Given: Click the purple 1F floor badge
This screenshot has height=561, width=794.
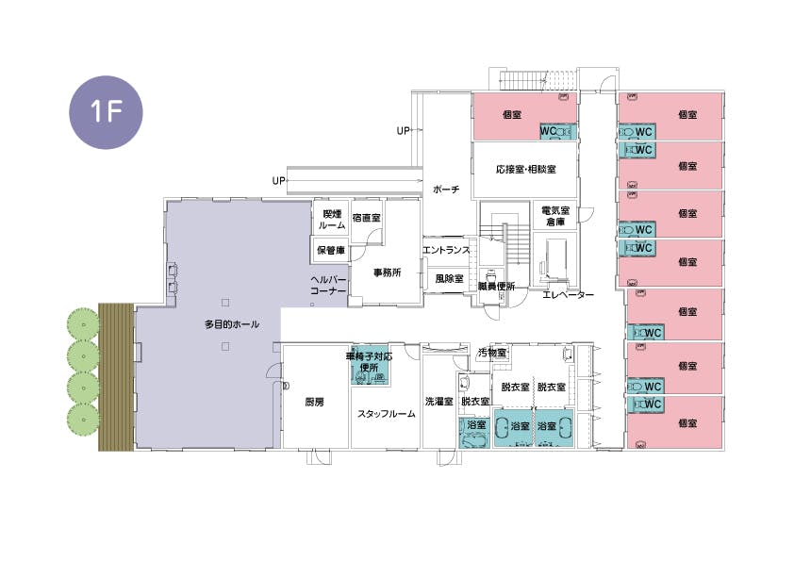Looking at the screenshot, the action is pos(106,112).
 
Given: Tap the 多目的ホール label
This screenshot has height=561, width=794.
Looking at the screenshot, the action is pos(232,324).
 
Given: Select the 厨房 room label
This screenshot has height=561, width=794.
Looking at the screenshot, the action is pos(314,402).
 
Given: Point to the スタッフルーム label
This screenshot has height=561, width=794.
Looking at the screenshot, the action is pos(387,414).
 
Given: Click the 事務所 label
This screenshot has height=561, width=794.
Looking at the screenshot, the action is pos(388,272).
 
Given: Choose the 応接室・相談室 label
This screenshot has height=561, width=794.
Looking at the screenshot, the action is pos(525,169).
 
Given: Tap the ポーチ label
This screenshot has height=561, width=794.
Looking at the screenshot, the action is pos(446,190).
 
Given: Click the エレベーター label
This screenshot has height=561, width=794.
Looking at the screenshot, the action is pos(569,295).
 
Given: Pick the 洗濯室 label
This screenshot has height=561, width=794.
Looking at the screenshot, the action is pos(439,402).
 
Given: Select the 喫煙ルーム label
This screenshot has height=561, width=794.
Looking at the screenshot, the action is pos(332,220).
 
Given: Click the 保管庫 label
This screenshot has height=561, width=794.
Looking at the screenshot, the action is pos(331,250).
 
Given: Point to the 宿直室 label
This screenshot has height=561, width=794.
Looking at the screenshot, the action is pos(366,218).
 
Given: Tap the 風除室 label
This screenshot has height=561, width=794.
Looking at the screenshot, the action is pos(449,278).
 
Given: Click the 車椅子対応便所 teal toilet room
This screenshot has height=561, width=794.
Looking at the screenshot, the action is pos(370,365).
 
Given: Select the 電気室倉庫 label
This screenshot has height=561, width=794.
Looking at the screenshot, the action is pos(555,216).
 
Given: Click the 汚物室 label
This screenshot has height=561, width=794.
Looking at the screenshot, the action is pos(492,353).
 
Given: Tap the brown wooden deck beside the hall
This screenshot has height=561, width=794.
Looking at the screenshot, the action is pos(116,377).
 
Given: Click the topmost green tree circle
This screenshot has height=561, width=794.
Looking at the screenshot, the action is pos(84,324).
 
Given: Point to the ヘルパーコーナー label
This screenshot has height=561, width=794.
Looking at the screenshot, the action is pos(328,286).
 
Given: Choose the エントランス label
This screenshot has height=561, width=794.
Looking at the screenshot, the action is pos(447,250).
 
